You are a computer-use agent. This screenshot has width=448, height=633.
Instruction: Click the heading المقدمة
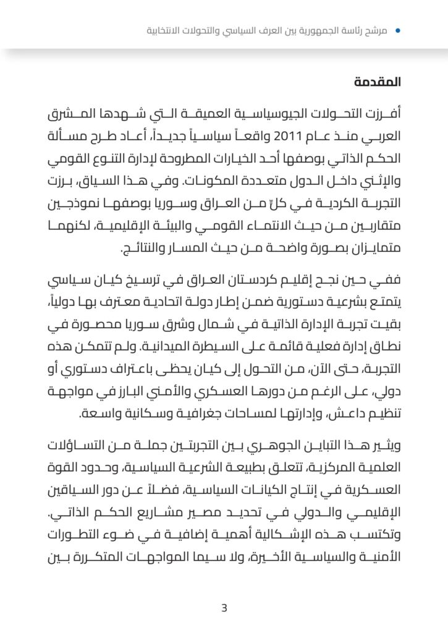point(378,82)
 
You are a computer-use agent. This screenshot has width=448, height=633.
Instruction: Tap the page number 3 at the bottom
point(224,608)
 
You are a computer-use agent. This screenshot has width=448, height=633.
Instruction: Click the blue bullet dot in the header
point(397,30)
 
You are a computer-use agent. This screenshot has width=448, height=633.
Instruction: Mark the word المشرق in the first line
point(73,115)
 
